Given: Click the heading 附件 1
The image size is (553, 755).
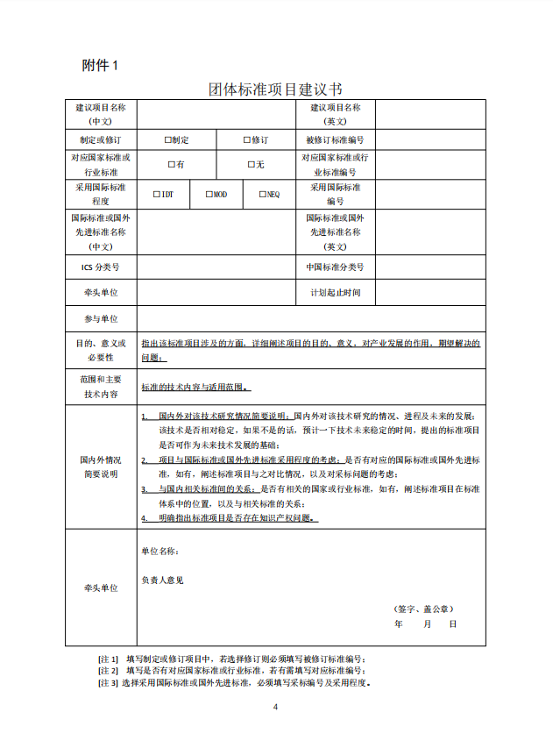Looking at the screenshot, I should [x=99, y=65].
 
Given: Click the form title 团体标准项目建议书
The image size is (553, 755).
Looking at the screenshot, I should [x=275, y=89].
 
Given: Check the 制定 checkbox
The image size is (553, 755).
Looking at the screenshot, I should [x=167, y=139].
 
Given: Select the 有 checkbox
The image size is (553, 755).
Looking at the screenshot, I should [x=171, y=164].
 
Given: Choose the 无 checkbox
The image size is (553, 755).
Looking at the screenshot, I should [x=251, y=164].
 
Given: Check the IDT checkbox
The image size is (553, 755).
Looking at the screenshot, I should [x=156, y=194].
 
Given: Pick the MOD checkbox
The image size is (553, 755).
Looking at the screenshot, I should [x=209, y=194].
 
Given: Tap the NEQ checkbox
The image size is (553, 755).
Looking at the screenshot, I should [x=261, y=194].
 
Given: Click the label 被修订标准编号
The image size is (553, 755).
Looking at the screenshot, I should [x=335, y=139].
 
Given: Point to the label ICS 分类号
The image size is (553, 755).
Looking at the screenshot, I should [x=100, y=267].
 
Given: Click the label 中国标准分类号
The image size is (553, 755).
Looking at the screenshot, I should [x=335, y=267].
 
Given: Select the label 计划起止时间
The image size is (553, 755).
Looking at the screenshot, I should [x=335, y=293].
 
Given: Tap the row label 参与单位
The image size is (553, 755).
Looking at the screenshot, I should [x=101, y=319].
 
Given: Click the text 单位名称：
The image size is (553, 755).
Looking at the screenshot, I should [x=160, y=552].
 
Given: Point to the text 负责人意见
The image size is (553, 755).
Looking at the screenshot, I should [x=162, y=580].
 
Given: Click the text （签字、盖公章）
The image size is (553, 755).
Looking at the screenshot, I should [x=423, y=609].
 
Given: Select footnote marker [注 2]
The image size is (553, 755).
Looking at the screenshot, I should [x=109, y=671].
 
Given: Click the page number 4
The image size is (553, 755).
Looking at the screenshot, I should [x=275, y=707].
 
